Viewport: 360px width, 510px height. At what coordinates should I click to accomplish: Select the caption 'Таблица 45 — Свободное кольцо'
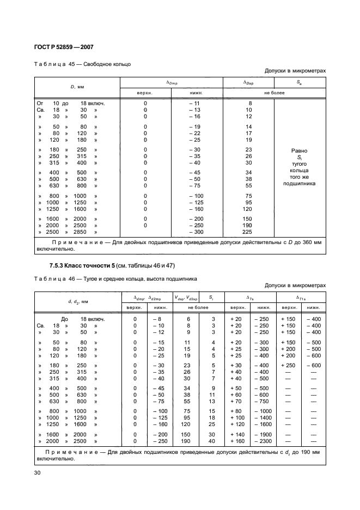click(82, 64)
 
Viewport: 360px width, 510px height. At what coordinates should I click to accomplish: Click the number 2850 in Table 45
click(80, 232)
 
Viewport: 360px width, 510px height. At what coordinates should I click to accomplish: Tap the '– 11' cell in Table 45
click(195, 103)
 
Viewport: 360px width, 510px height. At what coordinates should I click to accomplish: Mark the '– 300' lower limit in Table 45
click(195, 232)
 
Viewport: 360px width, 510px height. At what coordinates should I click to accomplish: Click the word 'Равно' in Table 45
click(299, 150)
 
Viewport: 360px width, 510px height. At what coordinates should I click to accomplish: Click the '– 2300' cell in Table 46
click(260, 441)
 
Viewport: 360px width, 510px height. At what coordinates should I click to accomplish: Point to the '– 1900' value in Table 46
click(260, 434)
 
